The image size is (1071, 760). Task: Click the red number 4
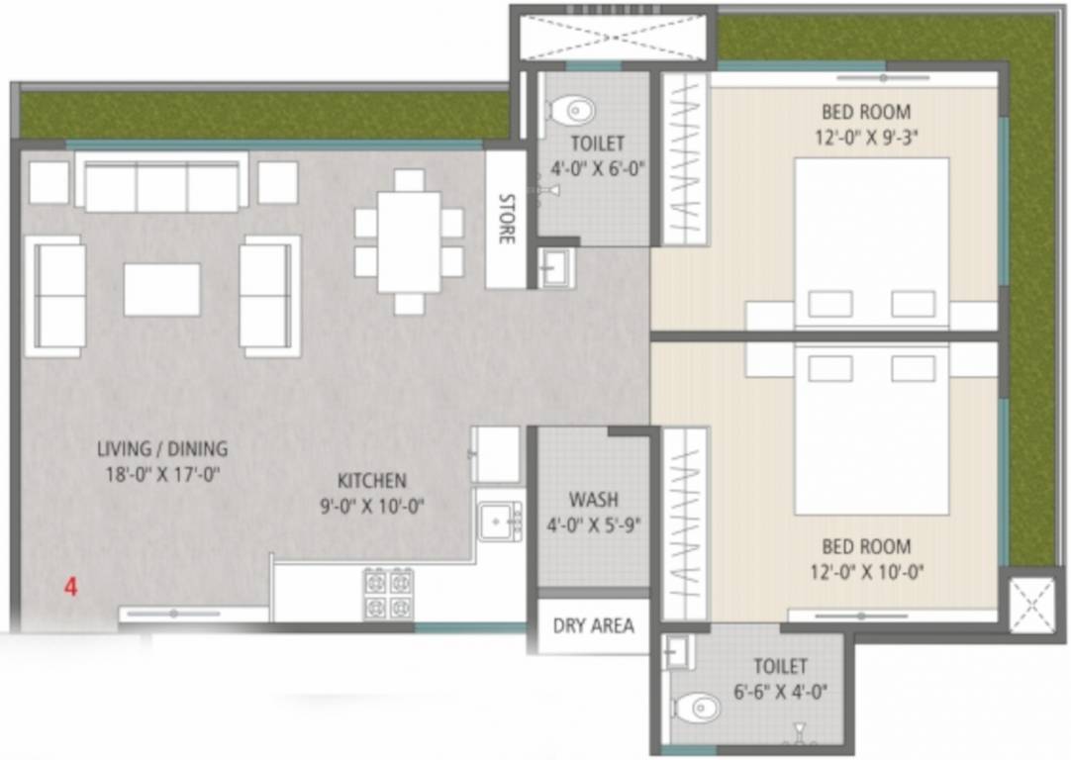70,586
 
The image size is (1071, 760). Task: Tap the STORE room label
506,219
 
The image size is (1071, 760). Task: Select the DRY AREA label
593,625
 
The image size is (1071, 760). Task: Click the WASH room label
593,500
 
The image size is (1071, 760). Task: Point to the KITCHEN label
372,481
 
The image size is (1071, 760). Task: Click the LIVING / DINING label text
162,448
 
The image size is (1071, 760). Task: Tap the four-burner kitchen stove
388,594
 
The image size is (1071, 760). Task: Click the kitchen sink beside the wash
500,521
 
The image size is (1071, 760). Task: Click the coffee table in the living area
162,289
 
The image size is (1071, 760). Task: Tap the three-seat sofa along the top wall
161,186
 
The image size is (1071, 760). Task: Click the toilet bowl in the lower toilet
697,707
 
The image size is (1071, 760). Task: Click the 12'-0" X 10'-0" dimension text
867,572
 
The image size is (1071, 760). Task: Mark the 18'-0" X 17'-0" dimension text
162,474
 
